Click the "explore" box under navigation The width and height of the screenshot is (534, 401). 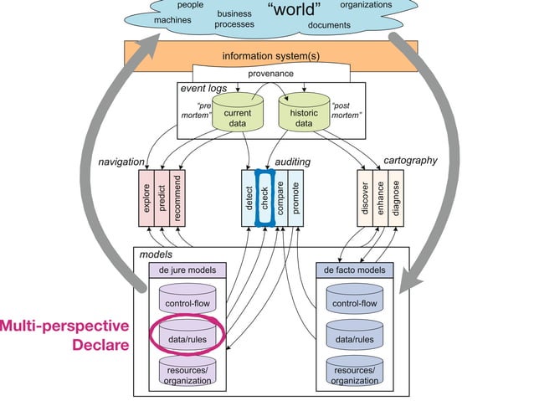tap(146, 197)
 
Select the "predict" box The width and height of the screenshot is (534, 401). tap(162, 197)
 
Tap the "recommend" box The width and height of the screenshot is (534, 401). tap(177, 197)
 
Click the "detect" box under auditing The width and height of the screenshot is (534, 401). tap(249, 197)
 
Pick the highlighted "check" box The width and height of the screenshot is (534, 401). tap(264, 197)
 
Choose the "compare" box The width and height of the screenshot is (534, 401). tap(280, 197)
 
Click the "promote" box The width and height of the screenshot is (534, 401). tap(295, 197)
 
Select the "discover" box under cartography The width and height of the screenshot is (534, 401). tap(364, 197)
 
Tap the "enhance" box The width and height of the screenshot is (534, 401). tap(380, 197)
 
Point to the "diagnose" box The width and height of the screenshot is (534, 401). tap(395, 197)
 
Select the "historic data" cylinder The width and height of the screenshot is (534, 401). tap(304, 117)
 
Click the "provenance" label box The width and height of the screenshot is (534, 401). tap(270, 74)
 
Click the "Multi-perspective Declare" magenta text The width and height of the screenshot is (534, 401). tap(65, 335)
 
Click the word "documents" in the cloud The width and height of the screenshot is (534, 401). tap(329, 25)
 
